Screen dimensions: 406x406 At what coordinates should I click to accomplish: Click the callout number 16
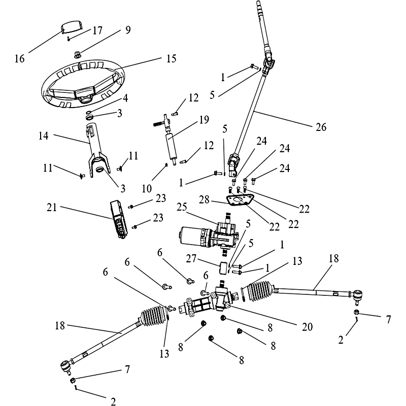20,58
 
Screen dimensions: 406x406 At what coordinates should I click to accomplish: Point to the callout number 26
321,126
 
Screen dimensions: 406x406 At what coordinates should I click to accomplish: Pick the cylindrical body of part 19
172,145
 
